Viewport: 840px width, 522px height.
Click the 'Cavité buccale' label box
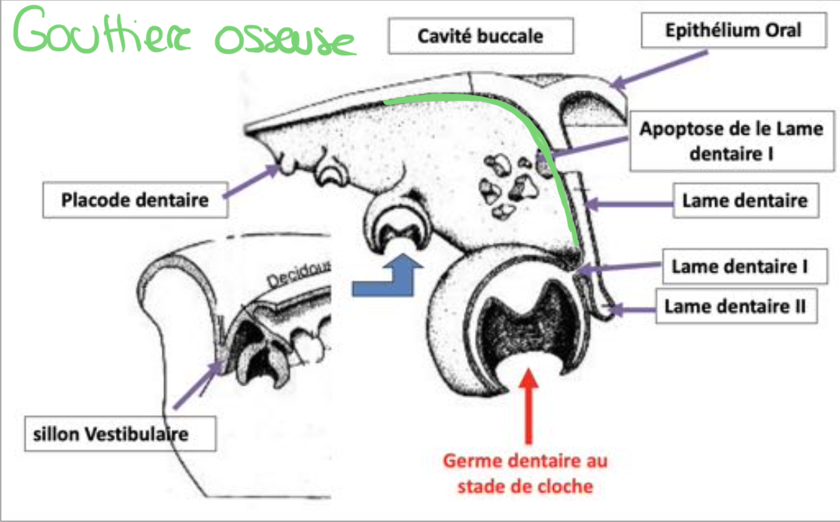click(x=482, y=36)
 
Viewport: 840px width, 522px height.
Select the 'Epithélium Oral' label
click(x=734, y=31)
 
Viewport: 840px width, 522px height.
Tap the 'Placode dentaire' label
click(x=135, y=200)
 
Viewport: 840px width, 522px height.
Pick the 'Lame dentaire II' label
click(x=736, y=306)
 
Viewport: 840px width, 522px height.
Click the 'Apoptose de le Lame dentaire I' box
click(x=732, y=142)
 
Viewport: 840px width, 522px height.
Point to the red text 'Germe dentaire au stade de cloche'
click(x=525, y=473)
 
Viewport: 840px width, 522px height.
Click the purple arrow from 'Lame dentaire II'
click(x=632, y=308)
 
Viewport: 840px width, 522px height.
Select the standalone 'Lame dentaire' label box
click(x=744, y=201)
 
